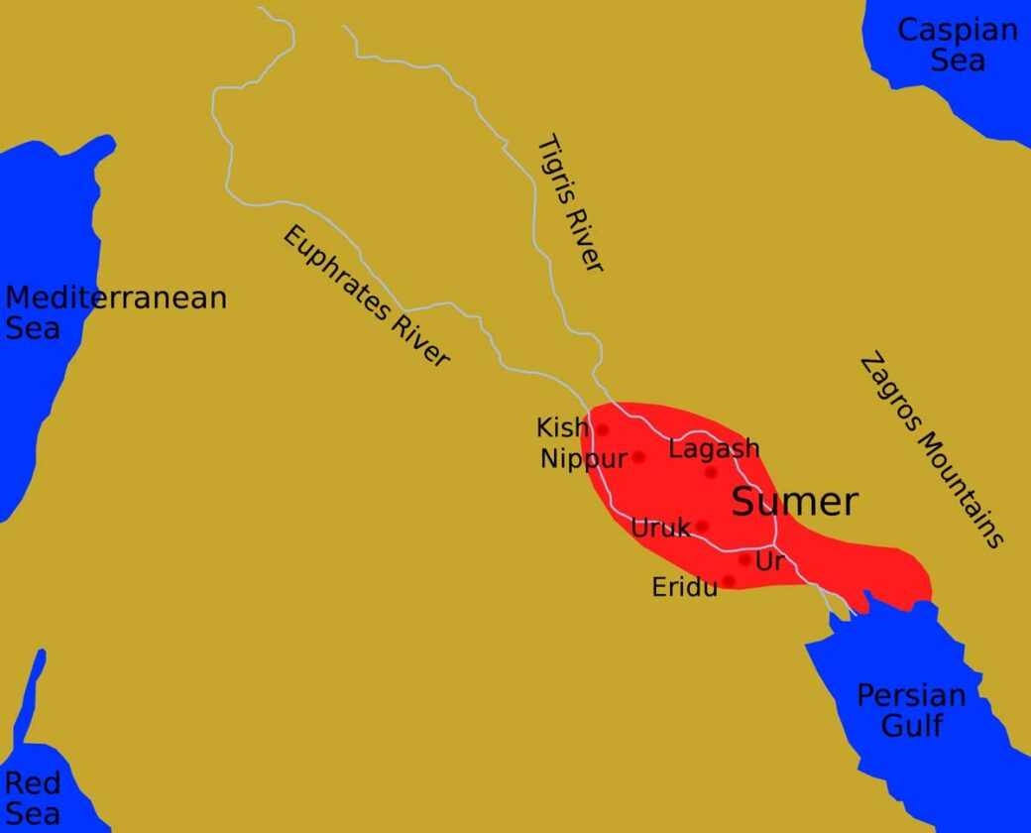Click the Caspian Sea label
(957, 45)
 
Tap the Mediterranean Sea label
(116, 311)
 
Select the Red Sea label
(33, 798)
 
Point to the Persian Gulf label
(911, 710)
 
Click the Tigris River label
(569, 203)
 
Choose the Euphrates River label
(366, 296)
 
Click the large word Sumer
(794, 502)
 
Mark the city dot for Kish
(602, 430)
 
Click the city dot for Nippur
(638, 457)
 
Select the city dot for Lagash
(711, 473)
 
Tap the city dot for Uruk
(702, 527)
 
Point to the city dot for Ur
(745, 559)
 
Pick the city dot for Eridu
(730, 581)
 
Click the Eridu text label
(684, 587)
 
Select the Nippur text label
(584, 459)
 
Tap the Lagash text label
(714, 448)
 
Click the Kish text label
(562, 427)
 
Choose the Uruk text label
(660, 528)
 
